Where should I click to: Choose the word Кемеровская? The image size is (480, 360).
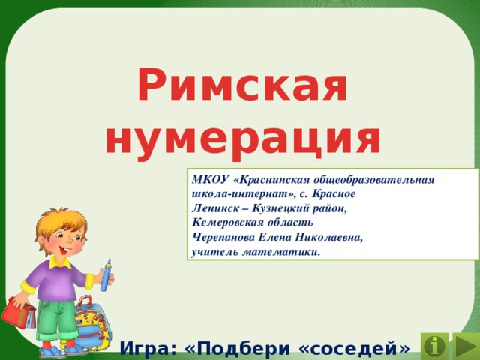pos(228,223)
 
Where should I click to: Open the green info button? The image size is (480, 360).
pos(434,346)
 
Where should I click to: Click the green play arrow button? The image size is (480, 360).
pos(463,346)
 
